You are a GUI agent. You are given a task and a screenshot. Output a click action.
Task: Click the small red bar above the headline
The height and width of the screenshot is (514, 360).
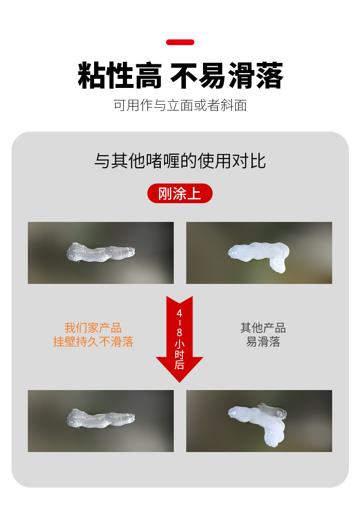pyautogui.click(x=180, y=42)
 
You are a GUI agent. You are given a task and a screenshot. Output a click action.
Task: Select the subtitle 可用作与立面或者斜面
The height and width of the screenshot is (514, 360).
pyautogui.click(x=180, y=105)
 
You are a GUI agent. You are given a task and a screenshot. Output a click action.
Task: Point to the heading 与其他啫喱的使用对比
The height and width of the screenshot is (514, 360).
pyautogui.click(x=180, y=160)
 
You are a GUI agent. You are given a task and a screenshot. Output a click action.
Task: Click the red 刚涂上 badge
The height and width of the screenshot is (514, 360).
pyautogui.click(x=180, y=194)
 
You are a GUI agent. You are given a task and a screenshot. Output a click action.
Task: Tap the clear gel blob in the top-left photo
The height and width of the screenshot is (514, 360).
pyautogui.click(x=100, y=252)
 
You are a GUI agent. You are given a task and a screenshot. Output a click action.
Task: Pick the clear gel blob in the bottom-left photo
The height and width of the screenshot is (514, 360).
pyautogui.click(x=100, y=418)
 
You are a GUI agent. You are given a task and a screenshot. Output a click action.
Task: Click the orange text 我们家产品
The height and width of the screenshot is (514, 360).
pyautogui.click(x=93, y=328)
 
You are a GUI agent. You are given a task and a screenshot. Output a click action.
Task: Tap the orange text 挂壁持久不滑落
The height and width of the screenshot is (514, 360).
pyautogui.click(x=93, y=342)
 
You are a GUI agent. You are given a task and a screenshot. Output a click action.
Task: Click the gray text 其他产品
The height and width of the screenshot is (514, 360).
pyautogui.click(x=263, y=328)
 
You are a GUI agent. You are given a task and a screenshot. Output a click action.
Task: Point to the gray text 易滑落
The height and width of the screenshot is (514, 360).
pyautogui.click(x=263, y=342)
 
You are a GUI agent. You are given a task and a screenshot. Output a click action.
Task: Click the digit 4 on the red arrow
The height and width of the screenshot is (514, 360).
pyautogui.click(x=180, y=313)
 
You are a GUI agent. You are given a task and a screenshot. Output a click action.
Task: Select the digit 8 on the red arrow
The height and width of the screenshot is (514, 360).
pyautogui.click(x=180, y=332)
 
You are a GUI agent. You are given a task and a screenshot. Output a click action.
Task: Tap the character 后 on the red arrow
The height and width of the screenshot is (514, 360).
pyautogui.click(x=180, y=365)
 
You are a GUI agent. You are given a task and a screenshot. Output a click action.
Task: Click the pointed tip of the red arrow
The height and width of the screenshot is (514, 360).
pyautogui.click(x=180, y=380)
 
